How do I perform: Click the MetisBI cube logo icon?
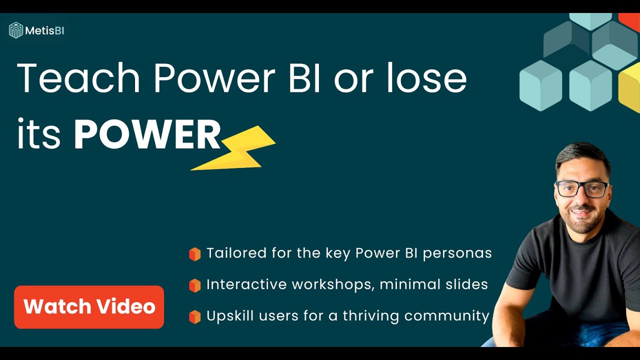tap(15, 30)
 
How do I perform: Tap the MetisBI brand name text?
tap(44, 30)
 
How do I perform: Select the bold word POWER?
tap(147, 134)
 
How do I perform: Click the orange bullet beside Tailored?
tap(195, 254)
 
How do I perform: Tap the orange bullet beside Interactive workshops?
tap(195, 285)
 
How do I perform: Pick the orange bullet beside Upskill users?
tap(195, 317)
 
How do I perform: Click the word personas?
tap(457, 253)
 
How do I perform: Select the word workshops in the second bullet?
tap(332, 284)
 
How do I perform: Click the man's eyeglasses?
tap(582, 189)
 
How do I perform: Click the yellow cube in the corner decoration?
tap(629, 87)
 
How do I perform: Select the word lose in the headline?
tap(427, 77)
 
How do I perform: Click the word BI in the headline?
tap(304, 78)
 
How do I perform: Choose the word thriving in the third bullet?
tap(370, 316)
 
